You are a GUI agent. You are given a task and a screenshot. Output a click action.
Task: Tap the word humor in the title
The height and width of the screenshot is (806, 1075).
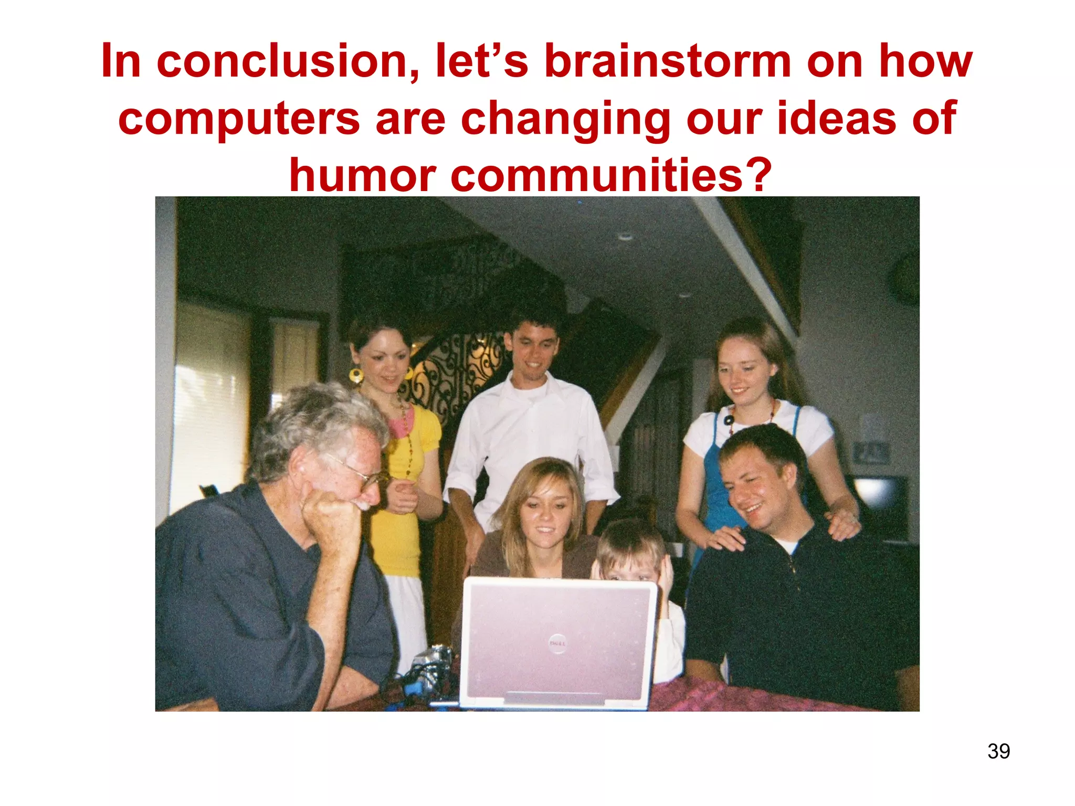click(362, 175)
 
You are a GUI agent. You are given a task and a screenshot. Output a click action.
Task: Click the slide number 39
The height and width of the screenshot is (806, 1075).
click(998, 751)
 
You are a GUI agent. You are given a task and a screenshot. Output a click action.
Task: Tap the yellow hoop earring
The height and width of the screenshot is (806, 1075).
click(356, 376)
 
